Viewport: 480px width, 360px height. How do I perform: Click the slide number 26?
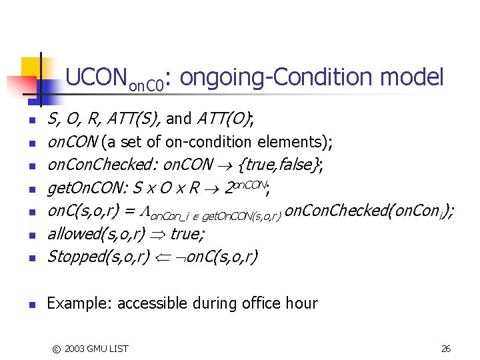(x=446, y=348)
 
